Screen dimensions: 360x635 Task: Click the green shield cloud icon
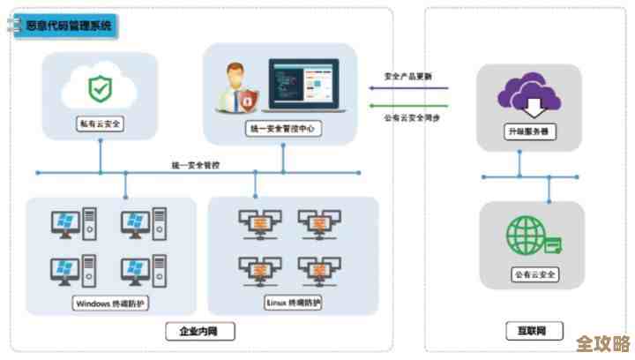click(x=99, y=88)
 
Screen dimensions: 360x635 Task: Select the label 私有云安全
click(x=99, y=124)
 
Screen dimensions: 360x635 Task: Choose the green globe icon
click(x=527, y=236)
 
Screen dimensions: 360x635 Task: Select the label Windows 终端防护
click(x=112, y=304)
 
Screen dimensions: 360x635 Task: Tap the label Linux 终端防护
click(x=293, y=303)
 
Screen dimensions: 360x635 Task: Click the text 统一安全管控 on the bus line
click(x=198, y=164)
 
